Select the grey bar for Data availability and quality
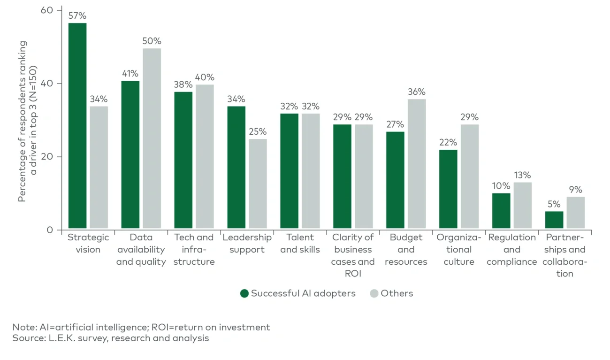152,139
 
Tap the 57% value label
77,16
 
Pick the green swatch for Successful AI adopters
244,293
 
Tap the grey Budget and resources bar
417,164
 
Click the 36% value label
417,92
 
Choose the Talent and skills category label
300,244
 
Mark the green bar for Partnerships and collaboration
554,221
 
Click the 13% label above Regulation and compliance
522,175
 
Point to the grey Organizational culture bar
470,177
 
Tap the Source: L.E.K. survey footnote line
111,338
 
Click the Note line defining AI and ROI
141,327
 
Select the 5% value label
554,204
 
